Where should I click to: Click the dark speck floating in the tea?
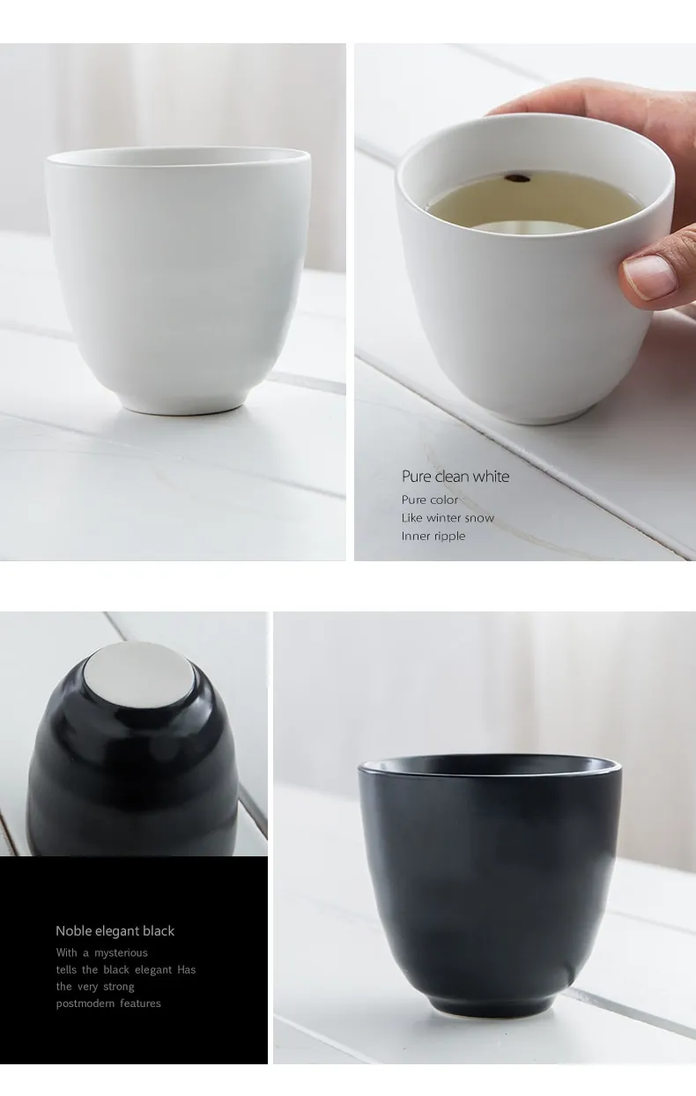[x=518, y=179]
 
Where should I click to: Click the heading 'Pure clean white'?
[x=455, y=476]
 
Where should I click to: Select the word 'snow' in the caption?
[x=479, y=518]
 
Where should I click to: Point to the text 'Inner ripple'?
[x=433, y=536]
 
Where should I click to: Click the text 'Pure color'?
[x=430, y=500]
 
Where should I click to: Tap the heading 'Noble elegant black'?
[x=115, y=930]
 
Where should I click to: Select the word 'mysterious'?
[x=121, y=952]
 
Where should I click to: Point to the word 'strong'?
[x=118, y=987]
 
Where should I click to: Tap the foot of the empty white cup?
[x=182, y=405]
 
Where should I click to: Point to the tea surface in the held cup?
[x=533, y=201]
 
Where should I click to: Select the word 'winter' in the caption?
[x=444, y=518]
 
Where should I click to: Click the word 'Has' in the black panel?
[x=187, y=969]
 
